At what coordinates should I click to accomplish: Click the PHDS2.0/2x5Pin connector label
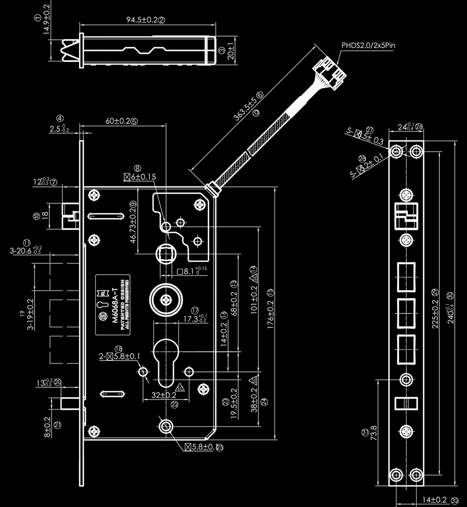coord(369,45)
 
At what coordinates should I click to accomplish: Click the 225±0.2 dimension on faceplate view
coord(435,308)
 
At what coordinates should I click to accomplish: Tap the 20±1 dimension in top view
coord(230,49)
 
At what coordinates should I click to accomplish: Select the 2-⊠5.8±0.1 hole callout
coord(119,356)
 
